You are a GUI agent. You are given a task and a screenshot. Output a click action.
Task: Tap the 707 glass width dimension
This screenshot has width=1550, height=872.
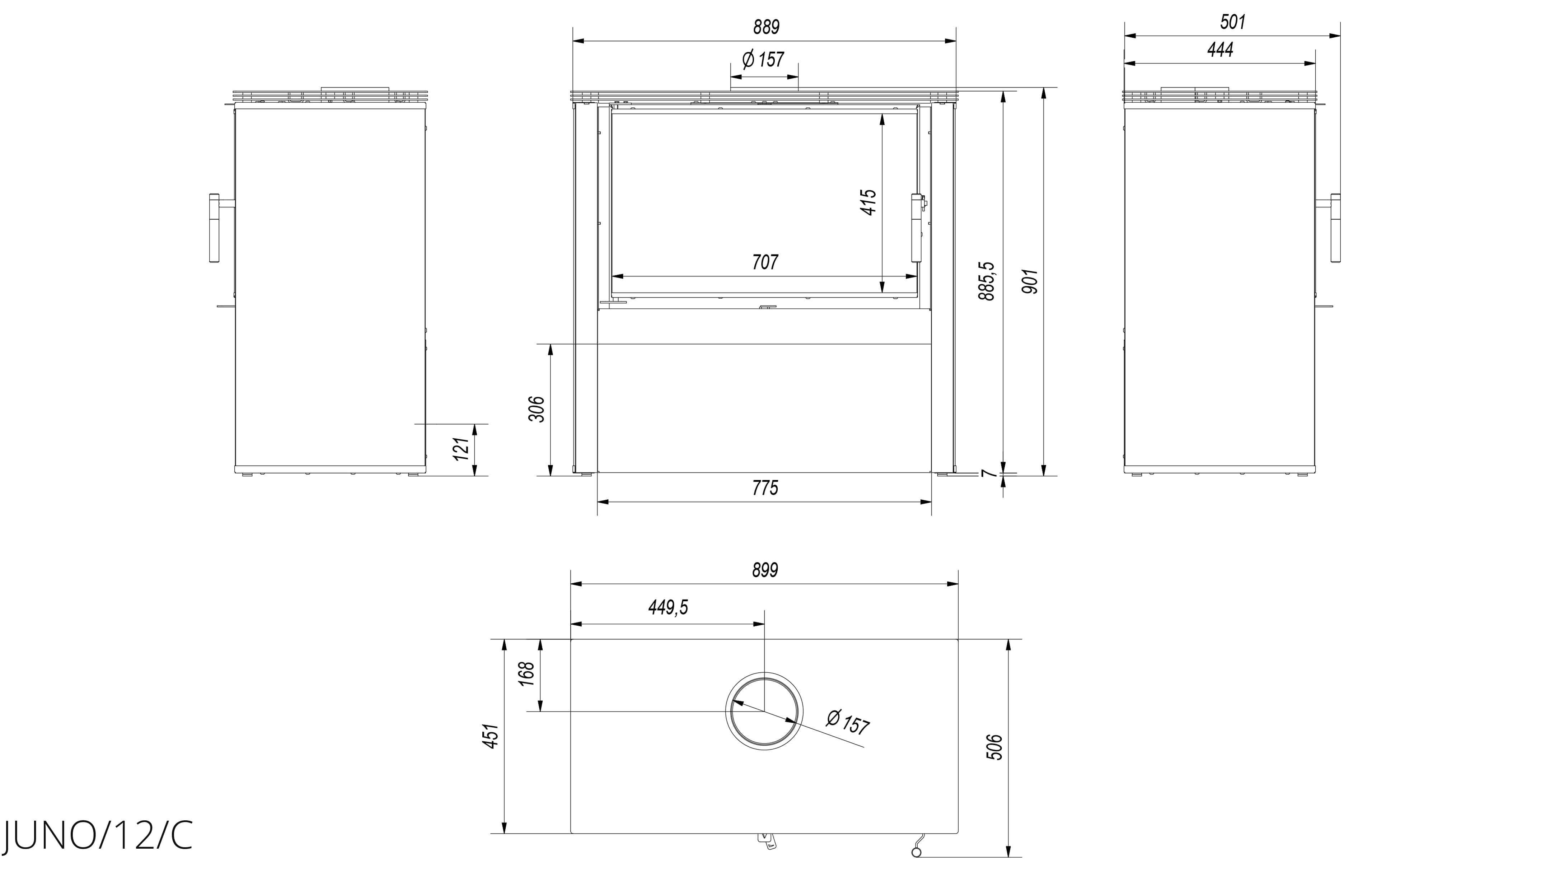pyautogui.click(x=765, y=262)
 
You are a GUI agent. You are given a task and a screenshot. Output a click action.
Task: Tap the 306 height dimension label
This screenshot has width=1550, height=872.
pyautogui.click(x=537, y=409)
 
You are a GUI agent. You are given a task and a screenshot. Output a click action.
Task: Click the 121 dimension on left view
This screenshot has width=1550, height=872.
pyautogui.click(x=461, y=449)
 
